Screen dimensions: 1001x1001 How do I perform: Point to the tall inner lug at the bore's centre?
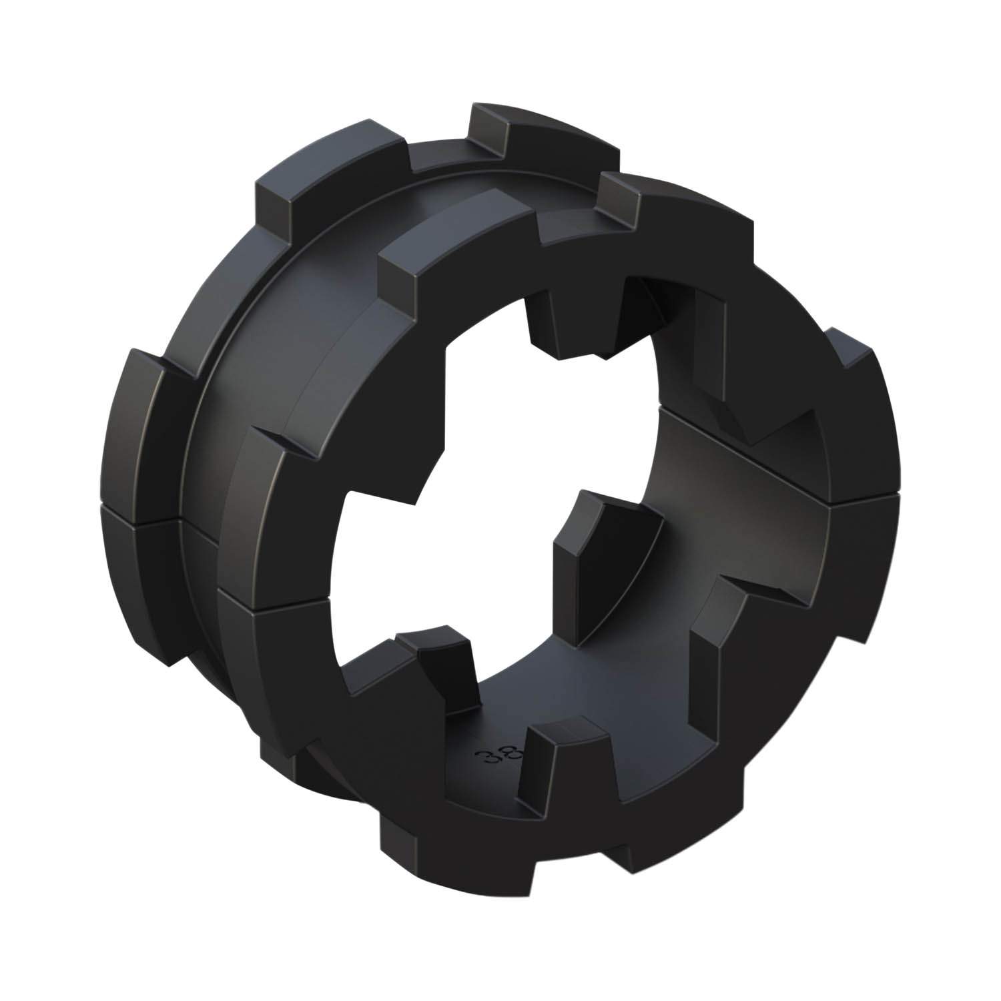point(587,541)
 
